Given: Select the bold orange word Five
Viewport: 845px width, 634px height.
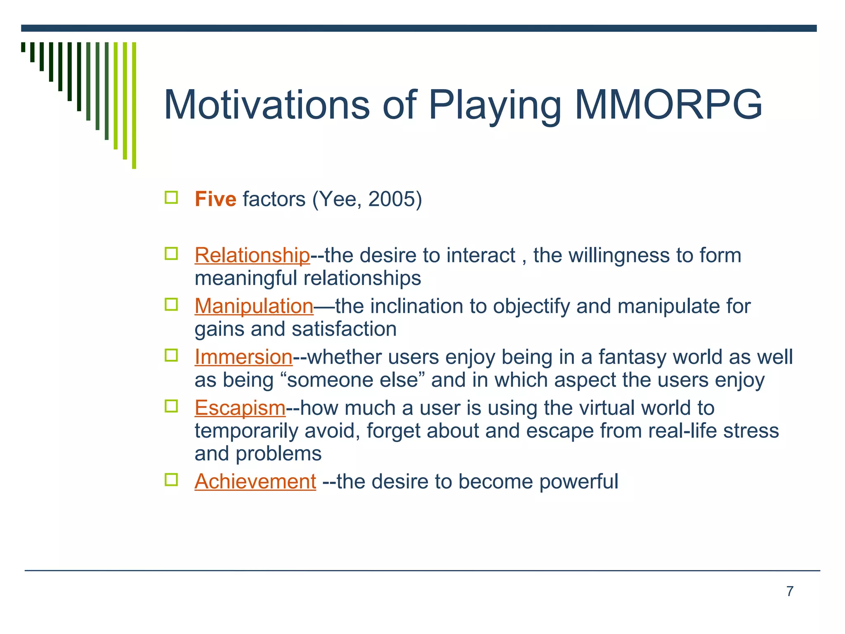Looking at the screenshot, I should [x=215, y=199].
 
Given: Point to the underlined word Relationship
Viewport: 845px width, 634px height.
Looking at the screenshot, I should [x=252, y=255].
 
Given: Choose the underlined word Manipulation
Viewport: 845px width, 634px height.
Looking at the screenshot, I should [x=254, y=306].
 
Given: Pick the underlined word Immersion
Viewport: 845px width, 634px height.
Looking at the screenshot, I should [x=243, y=357].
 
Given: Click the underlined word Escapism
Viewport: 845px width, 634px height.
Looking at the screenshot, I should [x=240, y=408].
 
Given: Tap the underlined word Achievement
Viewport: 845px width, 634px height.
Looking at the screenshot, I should [x=255, y=481].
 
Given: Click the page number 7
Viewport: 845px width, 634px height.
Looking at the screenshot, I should [x=790, y=591].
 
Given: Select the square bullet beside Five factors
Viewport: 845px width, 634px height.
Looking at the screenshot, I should [x=171, y=198].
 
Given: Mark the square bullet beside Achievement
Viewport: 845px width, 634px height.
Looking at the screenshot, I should [x=171, y=480].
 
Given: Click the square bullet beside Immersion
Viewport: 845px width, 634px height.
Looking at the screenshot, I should [x=171, y=355].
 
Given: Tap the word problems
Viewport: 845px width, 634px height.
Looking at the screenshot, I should [x=279, y=454].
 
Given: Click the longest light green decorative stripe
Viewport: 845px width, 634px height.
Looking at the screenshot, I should [x=134, y=105].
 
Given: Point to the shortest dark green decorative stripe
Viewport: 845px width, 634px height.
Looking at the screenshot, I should [x=23, y=47].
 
